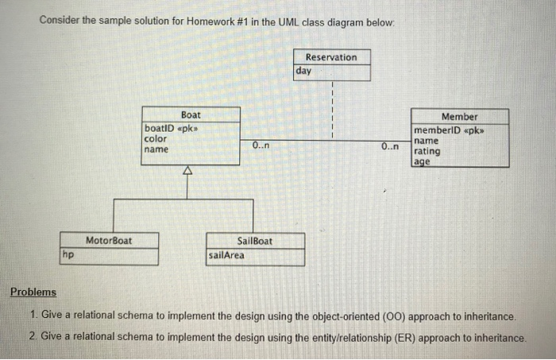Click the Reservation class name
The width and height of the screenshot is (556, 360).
click(331, 57)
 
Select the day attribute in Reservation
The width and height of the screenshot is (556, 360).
click(304, 71)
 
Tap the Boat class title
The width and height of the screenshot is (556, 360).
click(191, 115)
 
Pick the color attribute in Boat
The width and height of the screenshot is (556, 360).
click(156, 138)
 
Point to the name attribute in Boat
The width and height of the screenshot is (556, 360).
click(156, 149)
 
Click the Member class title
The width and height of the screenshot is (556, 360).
click(459, 117)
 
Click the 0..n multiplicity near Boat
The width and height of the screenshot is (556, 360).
click(261, 146)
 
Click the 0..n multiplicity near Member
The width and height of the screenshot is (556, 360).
click(390, 147)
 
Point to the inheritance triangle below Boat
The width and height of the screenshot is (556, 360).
click(188, 170)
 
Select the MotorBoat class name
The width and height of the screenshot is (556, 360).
click(109, 240)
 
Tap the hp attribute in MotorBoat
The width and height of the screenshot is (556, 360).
click(68, 254)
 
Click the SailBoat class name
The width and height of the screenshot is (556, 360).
click(254, 240)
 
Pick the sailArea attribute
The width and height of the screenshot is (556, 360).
click(226, 255)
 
